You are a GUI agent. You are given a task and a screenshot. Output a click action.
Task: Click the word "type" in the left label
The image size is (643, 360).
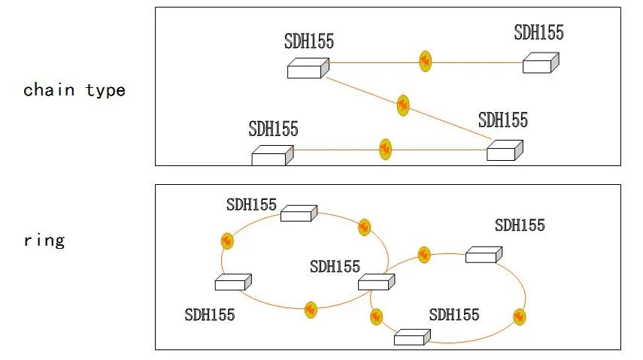(106, 91)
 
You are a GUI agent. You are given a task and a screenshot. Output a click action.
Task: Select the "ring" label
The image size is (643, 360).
(44, 241)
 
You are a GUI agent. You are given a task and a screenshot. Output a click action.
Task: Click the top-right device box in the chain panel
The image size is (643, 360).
(541, 63)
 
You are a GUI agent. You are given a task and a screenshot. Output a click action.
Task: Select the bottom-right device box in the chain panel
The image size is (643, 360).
(505, 150)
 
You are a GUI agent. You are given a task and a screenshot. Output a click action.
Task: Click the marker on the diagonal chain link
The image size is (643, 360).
(403, 104)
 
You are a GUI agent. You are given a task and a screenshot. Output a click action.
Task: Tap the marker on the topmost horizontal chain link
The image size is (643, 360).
(425, 62)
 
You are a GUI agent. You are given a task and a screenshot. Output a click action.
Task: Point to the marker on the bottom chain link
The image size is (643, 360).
(386, 149)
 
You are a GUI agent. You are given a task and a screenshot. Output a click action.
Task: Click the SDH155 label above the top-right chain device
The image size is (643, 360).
(538, 32)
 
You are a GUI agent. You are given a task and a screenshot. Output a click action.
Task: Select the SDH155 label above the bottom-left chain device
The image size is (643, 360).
(273, 129)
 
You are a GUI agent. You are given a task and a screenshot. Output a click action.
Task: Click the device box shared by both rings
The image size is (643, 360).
(376, 282)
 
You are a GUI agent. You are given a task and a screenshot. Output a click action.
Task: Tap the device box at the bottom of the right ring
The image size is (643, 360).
(411, 337)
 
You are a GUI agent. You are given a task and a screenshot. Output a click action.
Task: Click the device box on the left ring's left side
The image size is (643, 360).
(232, 283)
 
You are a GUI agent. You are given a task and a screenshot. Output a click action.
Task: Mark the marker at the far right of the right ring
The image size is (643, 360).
(519, 316)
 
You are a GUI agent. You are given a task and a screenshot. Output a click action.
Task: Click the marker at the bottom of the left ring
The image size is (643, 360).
(310, 309)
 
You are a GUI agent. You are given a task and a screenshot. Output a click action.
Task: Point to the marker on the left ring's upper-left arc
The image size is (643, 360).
(227, 241)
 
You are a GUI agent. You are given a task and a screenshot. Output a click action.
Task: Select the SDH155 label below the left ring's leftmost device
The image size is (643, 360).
(210, 314)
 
